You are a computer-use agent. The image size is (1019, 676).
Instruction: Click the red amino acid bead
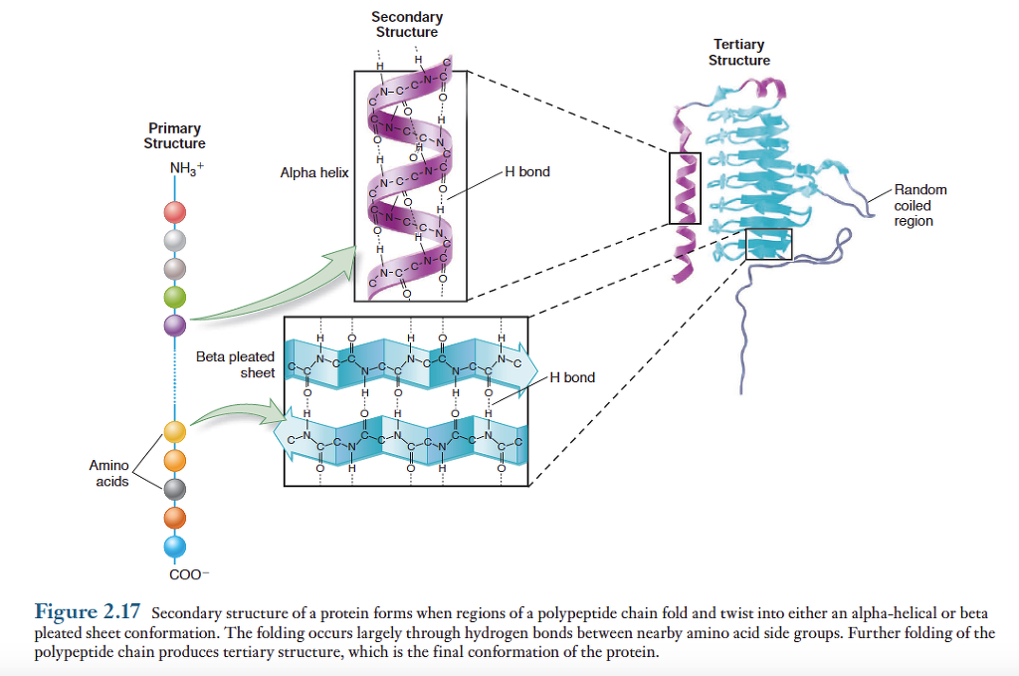[x=175, y=212]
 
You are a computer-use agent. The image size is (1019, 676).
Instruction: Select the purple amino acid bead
[x=175, y=325]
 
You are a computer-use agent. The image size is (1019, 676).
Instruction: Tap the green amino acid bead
[x=175, y=297]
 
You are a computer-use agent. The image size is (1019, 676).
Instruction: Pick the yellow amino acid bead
[x=175, y=431]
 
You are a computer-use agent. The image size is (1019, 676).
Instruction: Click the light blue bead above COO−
[x=175, y=545]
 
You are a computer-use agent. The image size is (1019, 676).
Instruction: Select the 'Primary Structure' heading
[x=174, y=135]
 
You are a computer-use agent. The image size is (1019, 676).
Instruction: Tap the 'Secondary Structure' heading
[x=407, y=24]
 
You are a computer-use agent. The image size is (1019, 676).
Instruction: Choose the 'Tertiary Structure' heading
[x=738, y=52]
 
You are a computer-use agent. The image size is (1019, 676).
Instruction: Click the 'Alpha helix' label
[x=314, y=172]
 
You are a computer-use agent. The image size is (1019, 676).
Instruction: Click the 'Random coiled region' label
[x=919, y=205]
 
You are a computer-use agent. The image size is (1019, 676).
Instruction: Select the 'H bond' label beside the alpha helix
[x=526, y=172]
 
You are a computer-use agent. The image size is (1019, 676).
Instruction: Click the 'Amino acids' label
[x=108, y=474]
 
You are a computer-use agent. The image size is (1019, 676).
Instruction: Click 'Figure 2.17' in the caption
[x=88, y=610]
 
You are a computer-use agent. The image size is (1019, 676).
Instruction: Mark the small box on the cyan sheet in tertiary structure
[x=768, y=245]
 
